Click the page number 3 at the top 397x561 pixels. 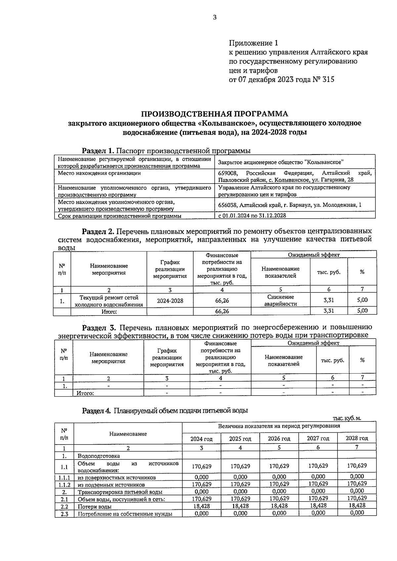point(215,18)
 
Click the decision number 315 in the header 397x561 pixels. point(328,80)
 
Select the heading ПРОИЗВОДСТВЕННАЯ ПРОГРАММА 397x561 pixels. point(215,114)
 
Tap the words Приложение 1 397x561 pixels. point(253,43)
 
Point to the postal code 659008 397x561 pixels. point(228,173)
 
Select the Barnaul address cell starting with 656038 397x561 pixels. point(289,205)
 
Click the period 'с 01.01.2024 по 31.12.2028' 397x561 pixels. point(252,216)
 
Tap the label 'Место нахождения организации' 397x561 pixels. point(99,173)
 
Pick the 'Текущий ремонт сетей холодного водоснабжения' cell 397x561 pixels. point(109,301)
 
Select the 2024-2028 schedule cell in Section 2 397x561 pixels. point(170,301)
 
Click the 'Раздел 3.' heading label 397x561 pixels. point(98,327)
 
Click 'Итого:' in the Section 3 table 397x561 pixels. point(85,393)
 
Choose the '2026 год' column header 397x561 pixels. point(279,439)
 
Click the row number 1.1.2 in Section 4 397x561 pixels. point(64,485)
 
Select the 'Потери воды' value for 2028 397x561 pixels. point(356,506)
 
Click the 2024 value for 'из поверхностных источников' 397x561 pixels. point(201,477)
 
